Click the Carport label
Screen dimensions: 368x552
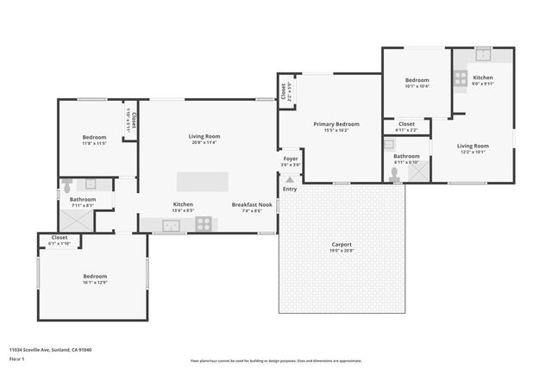[x=342, y=244]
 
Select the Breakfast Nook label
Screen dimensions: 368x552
[x=248, y=204]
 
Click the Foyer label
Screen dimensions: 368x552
[x=291, y=159]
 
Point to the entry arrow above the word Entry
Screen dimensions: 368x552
[x=290, y=179]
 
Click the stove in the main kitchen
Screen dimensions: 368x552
[x=204, y=223]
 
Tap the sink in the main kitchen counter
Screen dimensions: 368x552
[x=171, y=224]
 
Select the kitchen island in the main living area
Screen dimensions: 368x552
[x=203, y=181]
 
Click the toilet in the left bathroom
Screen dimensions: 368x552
[x=66, y=184]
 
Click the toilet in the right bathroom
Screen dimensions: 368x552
[x=394, y=172]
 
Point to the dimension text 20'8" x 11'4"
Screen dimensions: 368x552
[x=205, y=142]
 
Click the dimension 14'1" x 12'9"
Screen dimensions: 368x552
[x=95, y=282]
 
